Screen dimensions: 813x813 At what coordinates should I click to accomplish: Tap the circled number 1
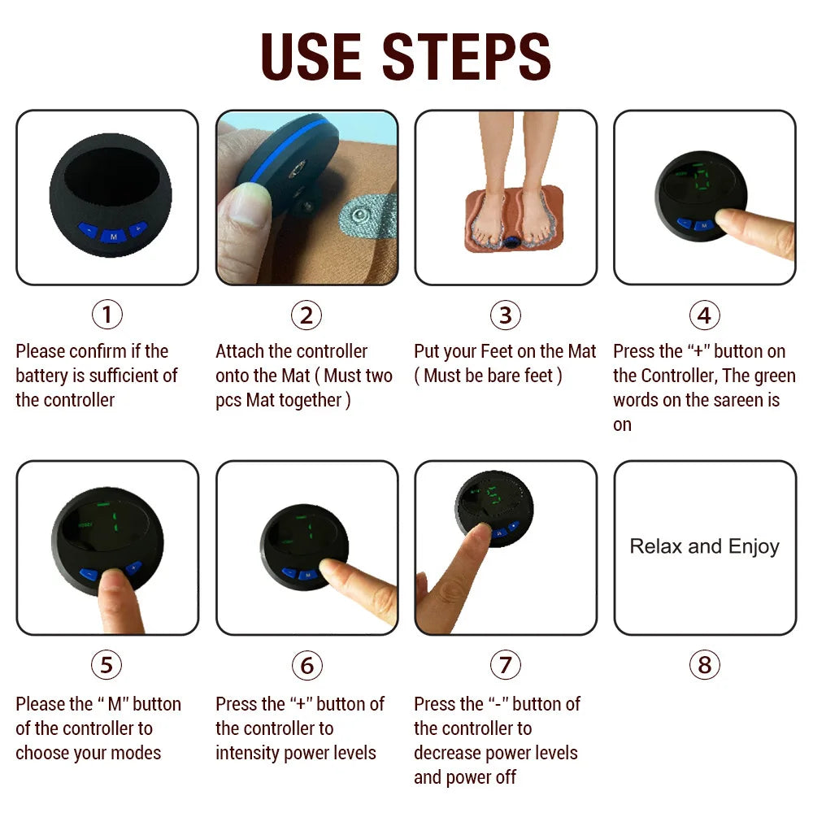tap(107, 315)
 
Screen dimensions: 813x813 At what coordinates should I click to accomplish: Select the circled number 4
tap(704, 315)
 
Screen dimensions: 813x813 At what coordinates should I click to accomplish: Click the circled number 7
tap(505, 666)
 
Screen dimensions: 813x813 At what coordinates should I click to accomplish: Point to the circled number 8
tap(704, 666)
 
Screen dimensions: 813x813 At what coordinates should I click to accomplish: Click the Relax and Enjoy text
tap(704, 546)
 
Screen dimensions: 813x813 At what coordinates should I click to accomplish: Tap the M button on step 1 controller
tap(112, 235)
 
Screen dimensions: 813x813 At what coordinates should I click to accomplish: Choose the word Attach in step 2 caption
tap(240, 352)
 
